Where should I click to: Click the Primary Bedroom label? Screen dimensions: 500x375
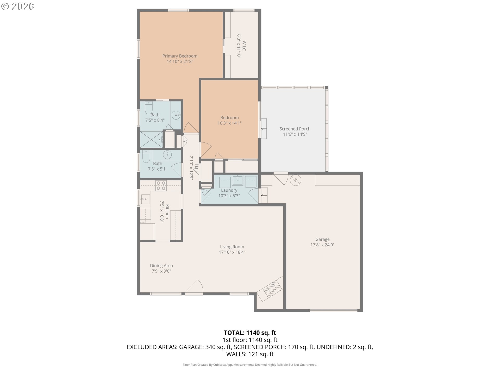point(180,56)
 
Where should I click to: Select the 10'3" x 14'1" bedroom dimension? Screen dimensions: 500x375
point(229,123)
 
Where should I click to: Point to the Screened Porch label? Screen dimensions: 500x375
point(295,129)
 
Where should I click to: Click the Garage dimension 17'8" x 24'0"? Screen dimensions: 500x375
point(322,245)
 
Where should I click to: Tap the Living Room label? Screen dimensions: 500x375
point(232,247)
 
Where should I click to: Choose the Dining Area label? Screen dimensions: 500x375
point(161,266)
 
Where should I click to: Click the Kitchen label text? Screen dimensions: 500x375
point(167,211)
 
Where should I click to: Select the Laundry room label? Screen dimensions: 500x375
point(229,190)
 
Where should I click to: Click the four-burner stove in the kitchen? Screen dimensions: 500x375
point(161,186)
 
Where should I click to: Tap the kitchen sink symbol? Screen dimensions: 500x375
point(145,199)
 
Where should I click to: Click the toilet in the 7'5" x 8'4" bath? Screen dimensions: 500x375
point(149,107)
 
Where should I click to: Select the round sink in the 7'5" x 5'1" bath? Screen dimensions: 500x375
point(167,155)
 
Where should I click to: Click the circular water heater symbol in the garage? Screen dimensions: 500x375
point(296,180)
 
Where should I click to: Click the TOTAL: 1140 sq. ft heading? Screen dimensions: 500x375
point(250,333)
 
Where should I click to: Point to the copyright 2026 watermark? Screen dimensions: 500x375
point(17,7)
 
